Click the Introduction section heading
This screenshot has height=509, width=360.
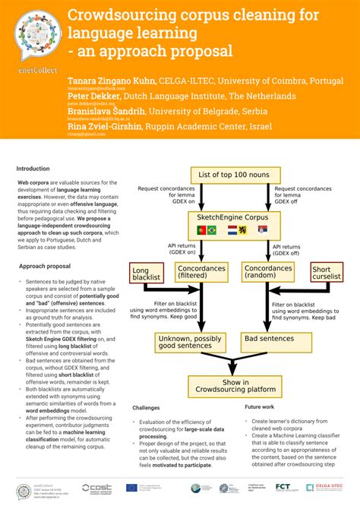click(33, 169)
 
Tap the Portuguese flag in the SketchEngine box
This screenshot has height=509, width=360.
click(203, 230)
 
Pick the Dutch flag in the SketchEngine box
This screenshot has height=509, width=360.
click(233, 230)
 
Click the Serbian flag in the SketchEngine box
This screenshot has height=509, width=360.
click(262, 230)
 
